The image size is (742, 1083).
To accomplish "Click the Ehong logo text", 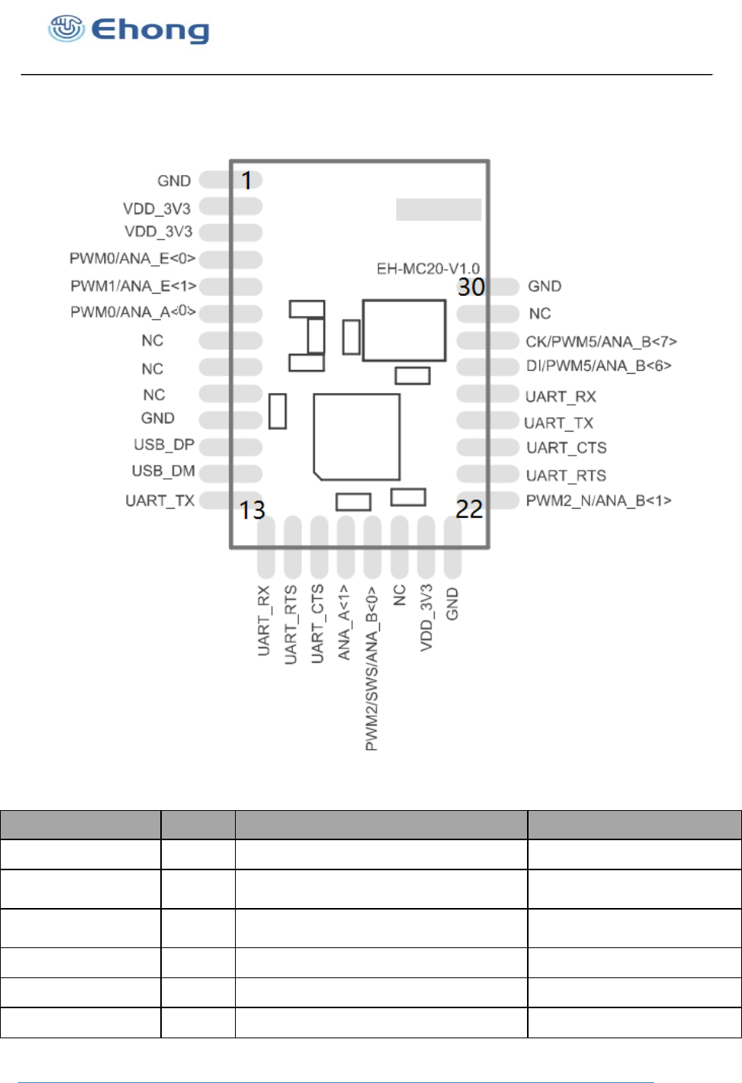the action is coord(150,30).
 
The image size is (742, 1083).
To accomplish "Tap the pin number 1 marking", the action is coord(247,180).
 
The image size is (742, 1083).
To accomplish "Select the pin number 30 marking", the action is coord(471,287).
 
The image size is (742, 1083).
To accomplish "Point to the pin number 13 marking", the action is coord(252,510).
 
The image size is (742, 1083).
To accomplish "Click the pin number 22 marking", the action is coord(469,509).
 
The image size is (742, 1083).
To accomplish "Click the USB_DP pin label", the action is coord(163,445).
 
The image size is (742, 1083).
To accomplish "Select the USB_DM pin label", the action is coord(163,471).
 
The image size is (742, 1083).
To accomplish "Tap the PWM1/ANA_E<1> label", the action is coord(133,286).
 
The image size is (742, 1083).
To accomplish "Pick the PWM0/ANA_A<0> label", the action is coord(133,312).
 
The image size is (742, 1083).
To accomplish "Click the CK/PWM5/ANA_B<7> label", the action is coord(601,341).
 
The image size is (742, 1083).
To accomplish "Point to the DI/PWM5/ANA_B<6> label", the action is coord(599,366).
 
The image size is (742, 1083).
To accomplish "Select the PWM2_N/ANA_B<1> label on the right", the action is coord(599,501).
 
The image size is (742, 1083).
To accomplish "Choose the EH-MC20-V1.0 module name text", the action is coord(428,268).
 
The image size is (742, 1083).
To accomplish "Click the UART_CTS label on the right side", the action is coord(566,448).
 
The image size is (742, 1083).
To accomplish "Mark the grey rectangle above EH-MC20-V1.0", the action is coord(438,210).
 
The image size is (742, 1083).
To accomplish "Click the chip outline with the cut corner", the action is coord(356,437).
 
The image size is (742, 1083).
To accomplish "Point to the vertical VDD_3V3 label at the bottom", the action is coord(426,617).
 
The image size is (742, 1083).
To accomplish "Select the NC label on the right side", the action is coord(539,314).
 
